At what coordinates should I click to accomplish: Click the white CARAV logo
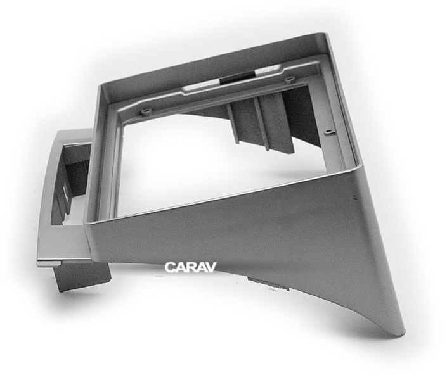pyautogui.click(x=190, y=267)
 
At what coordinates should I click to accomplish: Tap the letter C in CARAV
pyautogui.click(x=169, y=267)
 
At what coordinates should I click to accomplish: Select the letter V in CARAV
pyautogui.click(x=211, y=267)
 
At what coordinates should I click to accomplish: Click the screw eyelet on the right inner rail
pyautogui.click(x=329, y=132)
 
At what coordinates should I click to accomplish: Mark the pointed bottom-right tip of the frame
pyautogui.click(x=404, y=332)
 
